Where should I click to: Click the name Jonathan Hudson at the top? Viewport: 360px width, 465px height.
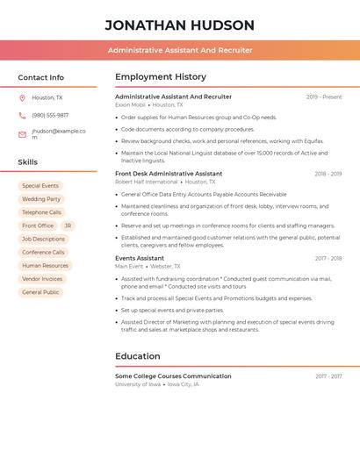click(179, 25)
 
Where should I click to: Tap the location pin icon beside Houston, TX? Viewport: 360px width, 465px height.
click(22, 98)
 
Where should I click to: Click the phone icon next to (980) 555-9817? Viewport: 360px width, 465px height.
click(22, 115)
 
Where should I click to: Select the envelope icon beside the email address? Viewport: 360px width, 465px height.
click(22, 134)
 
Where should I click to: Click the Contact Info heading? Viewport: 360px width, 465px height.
click(40, 77)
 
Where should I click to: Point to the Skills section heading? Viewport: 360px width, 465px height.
click(27, 162)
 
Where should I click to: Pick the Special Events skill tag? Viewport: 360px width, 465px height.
click(40, 186)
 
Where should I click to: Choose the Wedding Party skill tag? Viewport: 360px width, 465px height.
click(41, 199)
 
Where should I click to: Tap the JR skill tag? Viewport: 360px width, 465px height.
click(68, 225)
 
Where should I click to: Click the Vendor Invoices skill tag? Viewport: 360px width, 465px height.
click(42, 279)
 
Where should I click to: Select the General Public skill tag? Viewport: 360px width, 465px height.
click(40, 292)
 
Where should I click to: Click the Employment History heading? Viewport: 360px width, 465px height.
click(161, 77)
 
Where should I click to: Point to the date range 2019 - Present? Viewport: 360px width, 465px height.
click(324, 97)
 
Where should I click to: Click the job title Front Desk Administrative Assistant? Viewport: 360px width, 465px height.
click(169, 174)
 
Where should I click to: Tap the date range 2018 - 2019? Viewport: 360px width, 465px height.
click(328, 174)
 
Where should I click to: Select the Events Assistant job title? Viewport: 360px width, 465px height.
click(140, 258)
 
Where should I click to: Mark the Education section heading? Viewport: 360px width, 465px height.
click(138, 356)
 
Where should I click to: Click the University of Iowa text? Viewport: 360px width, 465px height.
click(138, 384)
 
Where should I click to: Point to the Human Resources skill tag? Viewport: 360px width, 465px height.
click(45, 266)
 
